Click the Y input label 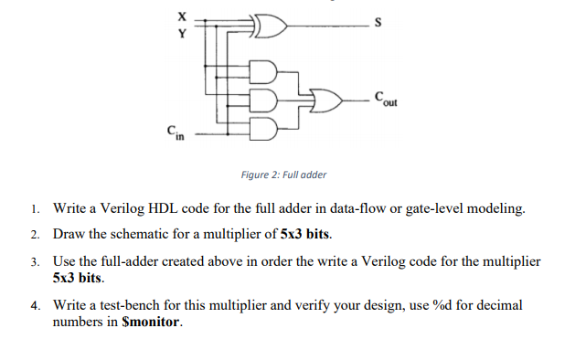pos(179,35)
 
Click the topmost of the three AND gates pos(263,72)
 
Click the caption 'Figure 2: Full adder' pos(278,175)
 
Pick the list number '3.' pos(34,261)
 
